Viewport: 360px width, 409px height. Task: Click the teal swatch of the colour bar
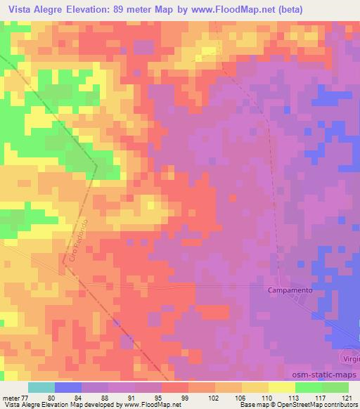[x=41, y=387]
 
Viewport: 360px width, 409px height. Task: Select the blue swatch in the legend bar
[x=68, y=387]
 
